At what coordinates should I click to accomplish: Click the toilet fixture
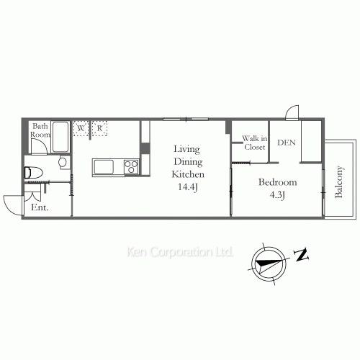click(34, 172)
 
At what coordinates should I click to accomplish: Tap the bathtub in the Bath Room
click(60, 137)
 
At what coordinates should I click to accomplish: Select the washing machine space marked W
click(81, 128)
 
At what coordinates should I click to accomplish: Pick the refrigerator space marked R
click(99, 128)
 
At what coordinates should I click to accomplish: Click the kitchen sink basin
click(104, 167)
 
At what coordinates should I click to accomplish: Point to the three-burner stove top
click(131, 166)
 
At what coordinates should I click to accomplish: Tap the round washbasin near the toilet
click(63, 162)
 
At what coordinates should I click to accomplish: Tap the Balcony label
click(338, 181)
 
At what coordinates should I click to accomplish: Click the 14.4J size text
click(188, 187)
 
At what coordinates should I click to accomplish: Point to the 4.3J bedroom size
click(277, 195)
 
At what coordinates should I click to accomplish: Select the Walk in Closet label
click(255, 143)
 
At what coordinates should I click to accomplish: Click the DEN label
click(287, 143)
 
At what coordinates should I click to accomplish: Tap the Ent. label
click(40, 207)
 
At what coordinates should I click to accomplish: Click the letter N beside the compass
click(301, 255)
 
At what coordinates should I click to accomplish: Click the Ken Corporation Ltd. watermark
click(179, 252)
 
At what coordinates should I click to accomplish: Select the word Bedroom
click(278, 182)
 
